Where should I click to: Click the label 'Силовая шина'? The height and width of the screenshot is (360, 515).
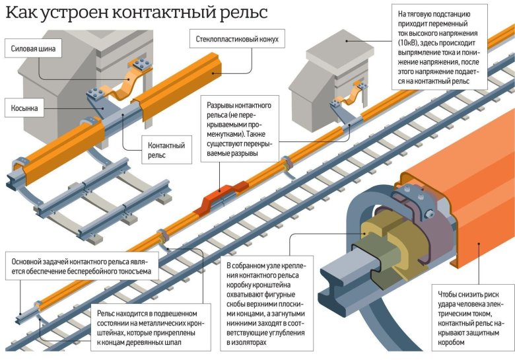[x=34, y=48]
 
